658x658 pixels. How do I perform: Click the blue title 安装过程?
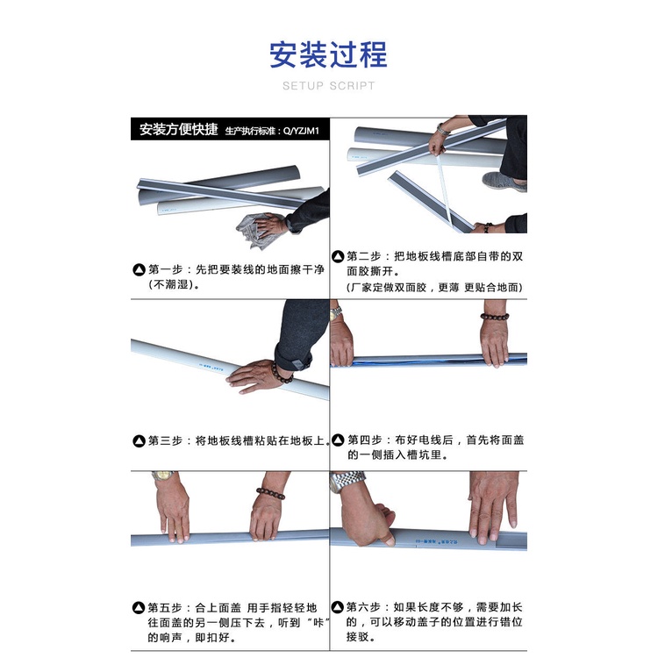point(328,54)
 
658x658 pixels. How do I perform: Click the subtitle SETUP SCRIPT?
point(329,86)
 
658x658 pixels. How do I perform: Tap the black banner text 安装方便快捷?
point(179,129)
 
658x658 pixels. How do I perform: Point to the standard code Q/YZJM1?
point(301,131)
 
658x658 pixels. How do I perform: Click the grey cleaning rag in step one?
point(256,231)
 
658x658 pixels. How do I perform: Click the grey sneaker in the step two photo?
point(504,182)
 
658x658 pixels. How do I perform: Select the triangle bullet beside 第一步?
point(139,270)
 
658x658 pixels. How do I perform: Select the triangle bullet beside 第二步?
point(338,256)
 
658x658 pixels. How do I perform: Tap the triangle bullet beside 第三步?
point(139,441)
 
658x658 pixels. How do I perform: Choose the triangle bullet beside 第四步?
point(338,440)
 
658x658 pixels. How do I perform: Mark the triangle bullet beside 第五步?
point(139,608)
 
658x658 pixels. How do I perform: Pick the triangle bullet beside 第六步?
point(338,607)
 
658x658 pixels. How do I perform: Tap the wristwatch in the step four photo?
point(336,313)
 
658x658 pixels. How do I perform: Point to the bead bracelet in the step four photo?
point(494,317)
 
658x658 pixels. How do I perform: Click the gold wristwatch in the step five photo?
point(163,476)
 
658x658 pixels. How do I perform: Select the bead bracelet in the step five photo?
point(271,493)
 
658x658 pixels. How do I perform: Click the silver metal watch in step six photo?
point(347,481)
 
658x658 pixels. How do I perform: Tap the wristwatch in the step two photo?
point(442,130)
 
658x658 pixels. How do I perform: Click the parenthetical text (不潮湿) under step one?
point(175,285)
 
